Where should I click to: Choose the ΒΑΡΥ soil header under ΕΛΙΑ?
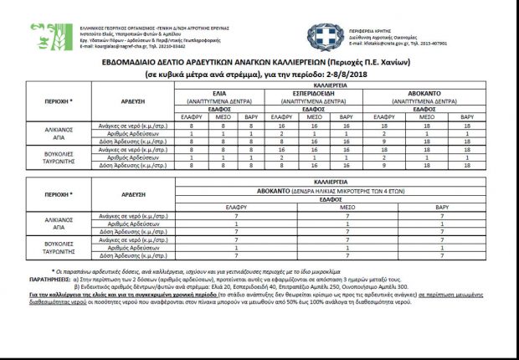[x=250, y=116]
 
